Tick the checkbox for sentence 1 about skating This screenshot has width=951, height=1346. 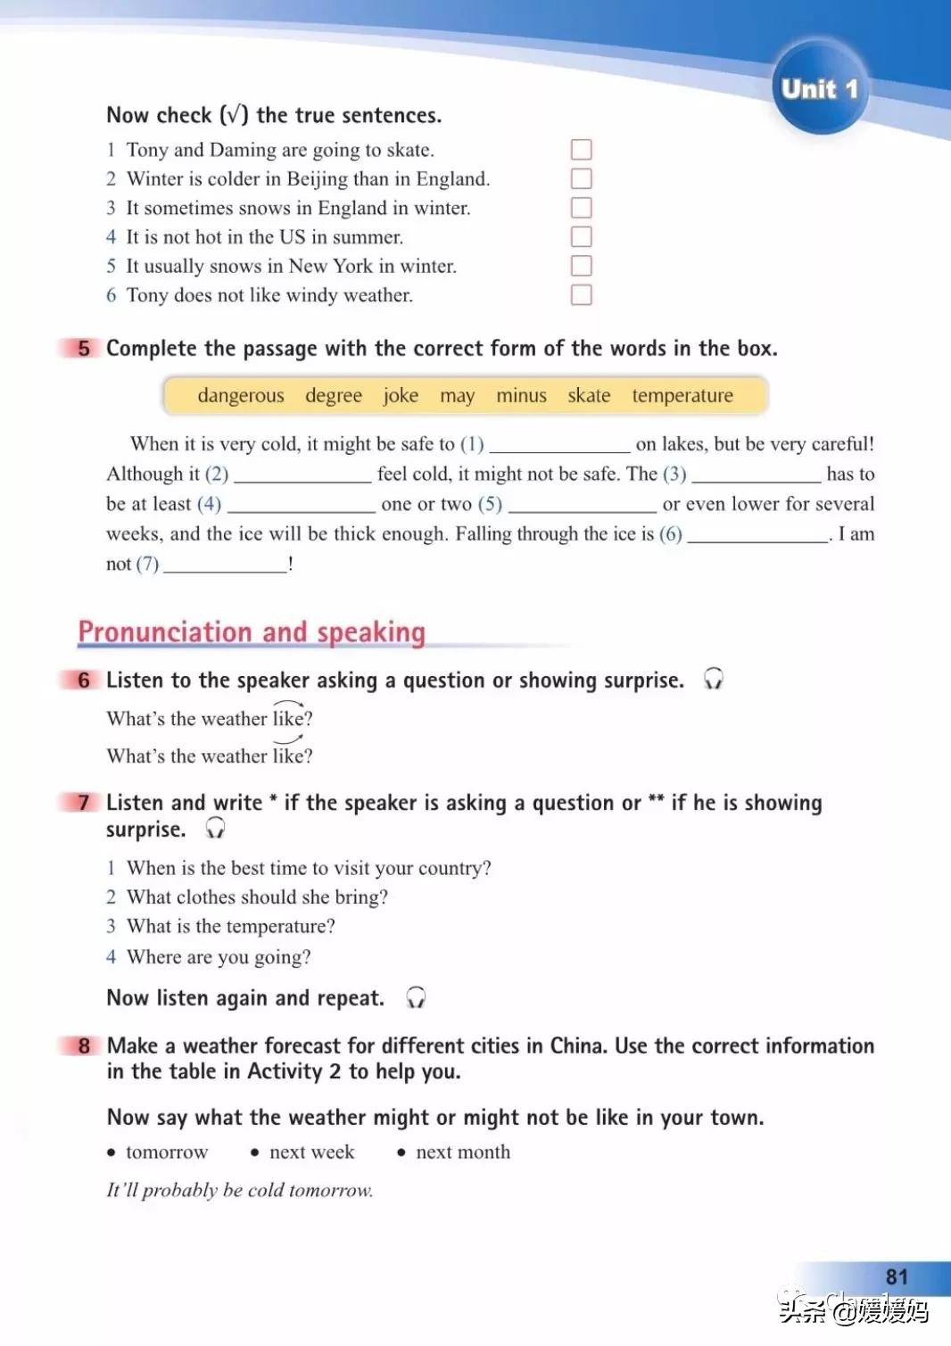tap(582, 150)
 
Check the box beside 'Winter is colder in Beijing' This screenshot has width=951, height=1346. tap(582, 178)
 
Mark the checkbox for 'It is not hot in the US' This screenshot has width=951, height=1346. tap(582, 236)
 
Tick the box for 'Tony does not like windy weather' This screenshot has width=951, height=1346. tap(582, 294)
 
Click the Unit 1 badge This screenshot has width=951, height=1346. tap(819, 88)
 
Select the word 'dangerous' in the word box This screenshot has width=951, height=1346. tap(241, 395)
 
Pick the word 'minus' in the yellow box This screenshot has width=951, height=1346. tap(521, 395)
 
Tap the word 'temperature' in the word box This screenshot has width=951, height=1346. tap(682, 395)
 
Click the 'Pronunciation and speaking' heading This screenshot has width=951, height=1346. tap(252, 632)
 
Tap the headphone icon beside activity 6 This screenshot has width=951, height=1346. tap(713, 680)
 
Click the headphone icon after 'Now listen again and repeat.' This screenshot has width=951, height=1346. tap(416, 997)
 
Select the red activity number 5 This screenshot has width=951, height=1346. tap(83, 348)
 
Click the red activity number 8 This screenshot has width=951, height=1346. tap(84, 1045)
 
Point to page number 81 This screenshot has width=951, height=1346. tap(897, 1277)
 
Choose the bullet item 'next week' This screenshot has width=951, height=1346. tap(311, 1152)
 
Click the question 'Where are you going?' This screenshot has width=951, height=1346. tap(219, 957)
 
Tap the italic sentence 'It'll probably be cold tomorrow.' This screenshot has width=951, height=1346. tap(240, 1190)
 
